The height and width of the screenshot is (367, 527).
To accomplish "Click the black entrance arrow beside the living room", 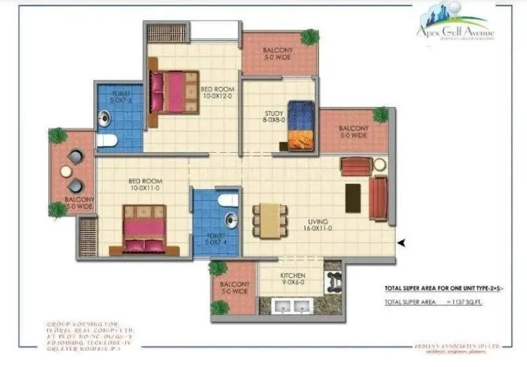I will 402,243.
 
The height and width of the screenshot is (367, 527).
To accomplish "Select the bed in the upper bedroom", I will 171,92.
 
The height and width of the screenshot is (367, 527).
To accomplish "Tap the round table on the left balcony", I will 66,171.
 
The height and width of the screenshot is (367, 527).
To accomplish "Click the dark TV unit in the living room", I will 353,198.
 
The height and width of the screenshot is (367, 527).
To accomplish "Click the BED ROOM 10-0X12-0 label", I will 216,93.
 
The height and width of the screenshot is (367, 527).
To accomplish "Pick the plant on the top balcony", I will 310,37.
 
